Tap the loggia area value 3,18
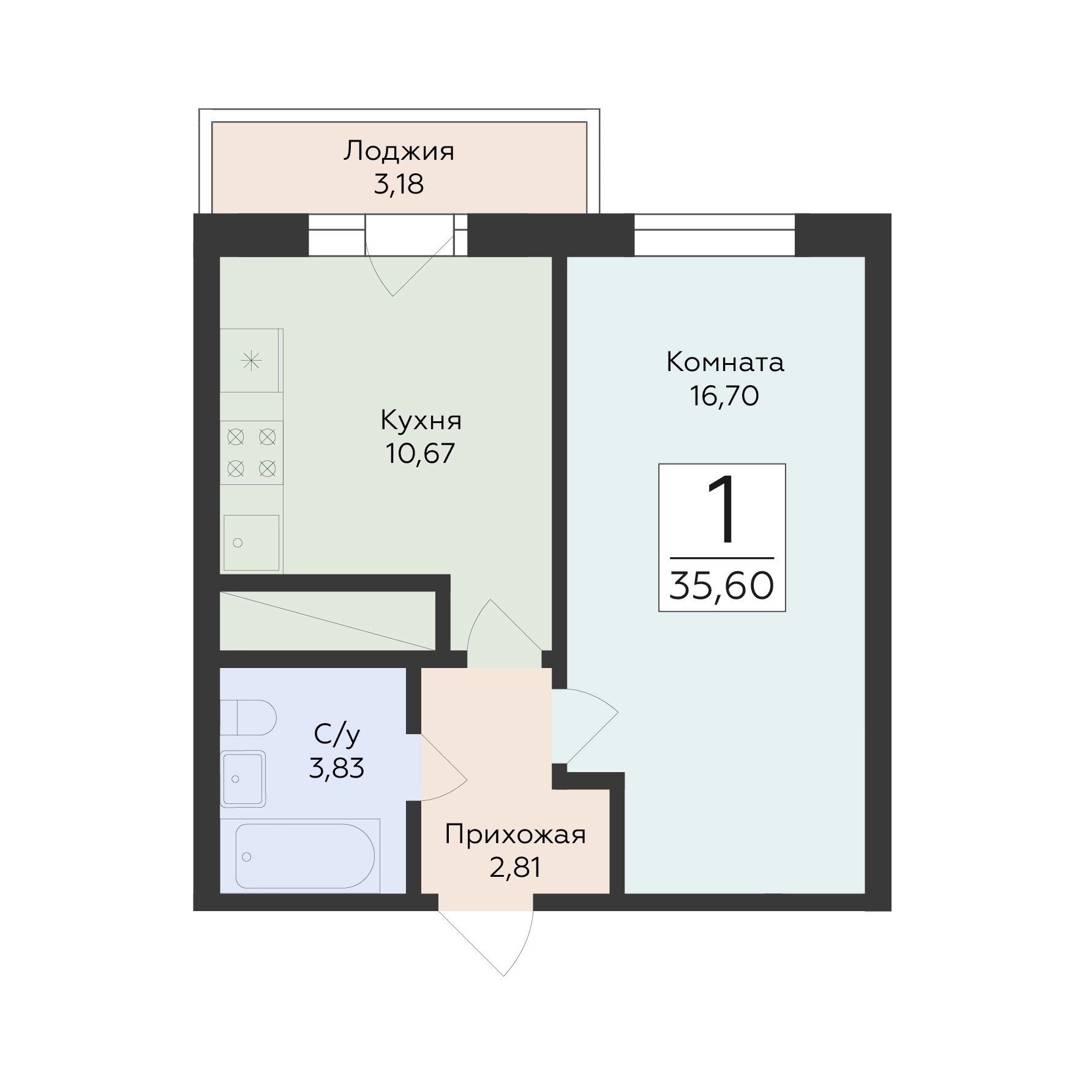coord(399,184)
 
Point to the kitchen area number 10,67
coord(421,454)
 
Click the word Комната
coord(725,362)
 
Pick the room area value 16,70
coord(725,396)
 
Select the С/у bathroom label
coord(336,735)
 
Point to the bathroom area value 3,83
coord(336,767)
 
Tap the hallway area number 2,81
coord(516,868)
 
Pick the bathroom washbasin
coord(243,779)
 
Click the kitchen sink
coord(251,542)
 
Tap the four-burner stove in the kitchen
coord(251,453)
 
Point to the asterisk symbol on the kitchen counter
coord(251,361)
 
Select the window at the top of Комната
coord(714,235)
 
